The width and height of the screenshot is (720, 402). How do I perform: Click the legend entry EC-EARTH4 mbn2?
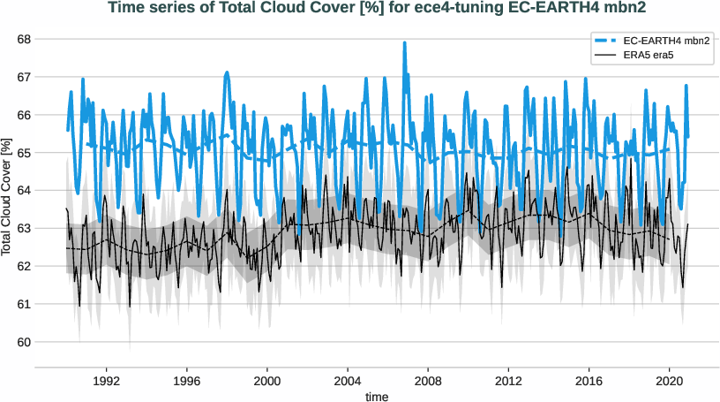point(667,41)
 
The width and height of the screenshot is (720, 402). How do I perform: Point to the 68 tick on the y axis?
point(24,39)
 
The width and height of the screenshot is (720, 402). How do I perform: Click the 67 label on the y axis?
point(24,77)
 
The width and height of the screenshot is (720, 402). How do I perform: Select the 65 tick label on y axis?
point(24,153)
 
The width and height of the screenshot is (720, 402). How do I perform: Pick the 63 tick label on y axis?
point(24,228)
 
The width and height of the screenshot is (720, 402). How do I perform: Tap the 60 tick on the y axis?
point(24,342)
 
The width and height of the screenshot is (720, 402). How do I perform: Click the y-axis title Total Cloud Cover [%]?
point(8,196)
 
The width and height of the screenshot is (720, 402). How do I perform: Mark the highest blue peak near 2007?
point(405,42)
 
